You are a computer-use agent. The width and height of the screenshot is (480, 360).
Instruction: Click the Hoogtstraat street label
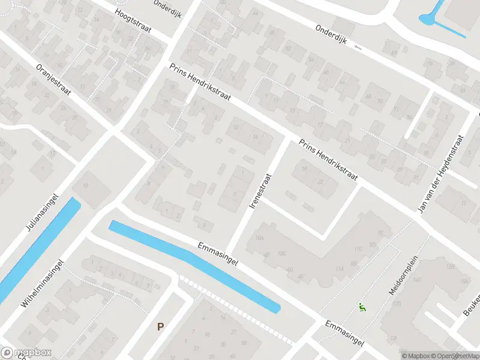pyautogui.click(x=133, y=21)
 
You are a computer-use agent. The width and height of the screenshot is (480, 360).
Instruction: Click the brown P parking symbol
pyautogui.click(x=160, y=327)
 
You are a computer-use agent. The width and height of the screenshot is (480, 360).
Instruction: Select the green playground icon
pyautogui.click(x=362, y=308)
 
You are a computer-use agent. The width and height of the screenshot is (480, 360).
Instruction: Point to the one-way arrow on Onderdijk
pyautogui.click(x=358, y=47)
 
